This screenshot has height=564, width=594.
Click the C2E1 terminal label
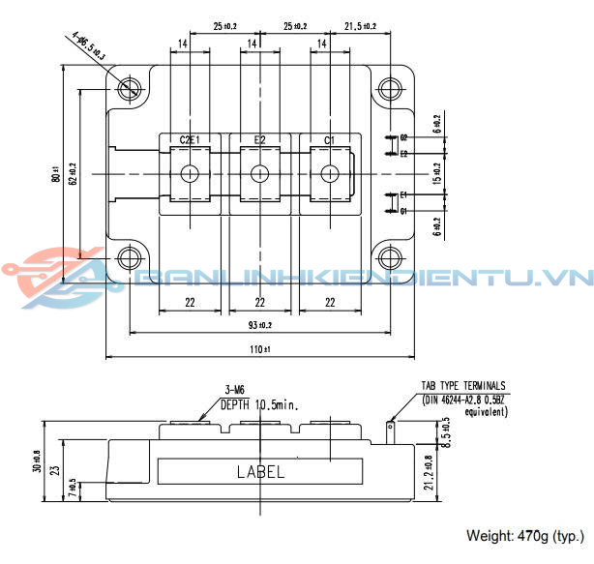[190, 140]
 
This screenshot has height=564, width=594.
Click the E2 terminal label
[260, 140]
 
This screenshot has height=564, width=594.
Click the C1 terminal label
[329, 140]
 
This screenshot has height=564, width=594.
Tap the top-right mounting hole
[390, 89]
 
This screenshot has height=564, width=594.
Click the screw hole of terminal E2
[259, 174]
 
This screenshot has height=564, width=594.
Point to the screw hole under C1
[330, 174]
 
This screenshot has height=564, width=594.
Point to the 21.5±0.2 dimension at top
[359, 26]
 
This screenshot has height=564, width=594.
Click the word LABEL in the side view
[261, 472]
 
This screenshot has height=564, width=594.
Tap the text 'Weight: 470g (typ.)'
[525, 535]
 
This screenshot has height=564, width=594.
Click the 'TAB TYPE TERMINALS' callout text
[462, 385]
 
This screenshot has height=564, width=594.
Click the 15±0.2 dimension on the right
[436, 174]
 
